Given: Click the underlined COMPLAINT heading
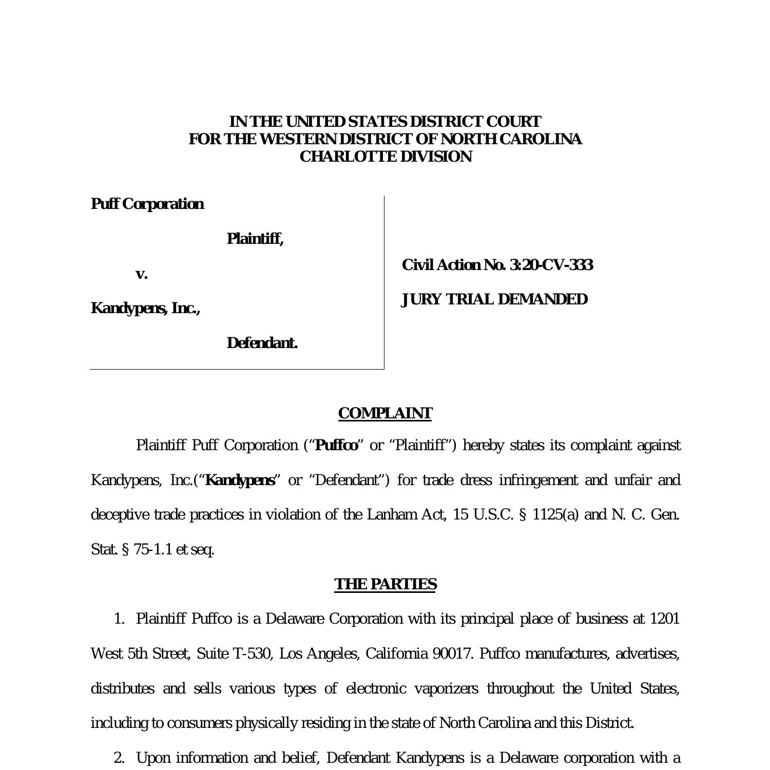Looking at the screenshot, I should (x=385, y=413).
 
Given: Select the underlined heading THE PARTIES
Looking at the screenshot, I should (x=385, y=584).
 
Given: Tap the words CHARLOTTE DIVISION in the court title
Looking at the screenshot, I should (x=386, y=157).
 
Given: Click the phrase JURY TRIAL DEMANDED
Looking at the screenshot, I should (x=494, y=299).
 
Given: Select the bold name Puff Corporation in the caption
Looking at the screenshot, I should (x=147, y=204).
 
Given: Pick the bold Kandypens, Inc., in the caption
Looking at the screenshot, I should (x=145, y=308).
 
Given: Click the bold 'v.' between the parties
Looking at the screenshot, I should (x=141, y=274).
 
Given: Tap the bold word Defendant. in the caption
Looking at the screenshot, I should (x=262, y=343).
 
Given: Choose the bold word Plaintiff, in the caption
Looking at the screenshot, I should (x=255, y=239).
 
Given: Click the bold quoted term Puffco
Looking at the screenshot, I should (x=337, y=445).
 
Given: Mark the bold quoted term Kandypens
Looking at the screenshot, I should (x=240, y=480).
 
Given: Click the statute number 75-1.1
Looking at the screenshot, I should (x=153, y=549).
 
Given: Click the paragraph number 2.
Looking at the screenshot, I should (x=119, y=758).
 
